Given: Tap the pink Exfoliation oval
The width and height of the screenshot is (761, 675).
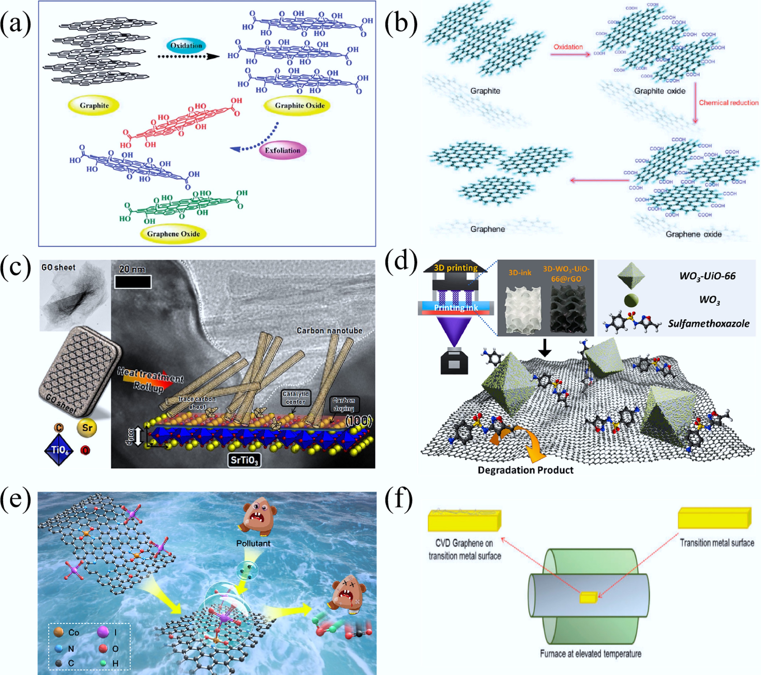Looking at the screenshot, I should pos(283,150).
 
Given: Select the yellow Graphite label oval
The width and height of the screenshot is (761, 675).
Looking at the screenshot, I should pos(94,105).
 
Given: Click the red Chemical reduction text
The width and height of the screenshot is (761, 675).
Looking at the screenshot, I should pos(728,103).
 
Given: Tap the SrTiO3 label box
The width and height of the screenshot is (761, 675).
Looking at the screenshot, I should pos(244,460).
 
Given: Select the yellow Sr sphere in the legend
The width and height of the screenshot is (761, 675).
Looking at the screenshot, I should pos(87,428).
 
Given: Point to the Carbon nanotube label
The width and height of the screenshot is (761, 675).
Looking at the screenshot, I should pos(329,330).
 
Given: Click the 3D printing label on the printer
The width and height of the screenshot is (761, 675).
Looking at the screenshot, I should pos(456,267).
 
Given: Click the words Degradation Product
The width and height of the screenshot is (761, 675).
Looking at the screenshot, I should pos(525,470).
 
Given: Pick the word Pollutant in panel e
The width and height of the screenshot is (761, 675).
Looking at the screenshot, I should pos(253,543).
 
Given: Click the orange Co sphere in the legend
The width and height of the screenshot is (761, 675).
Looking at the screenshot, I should pos(58,632).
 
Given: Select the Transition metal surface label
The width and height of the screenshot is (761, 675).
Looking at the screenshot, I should pos(717,543).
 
